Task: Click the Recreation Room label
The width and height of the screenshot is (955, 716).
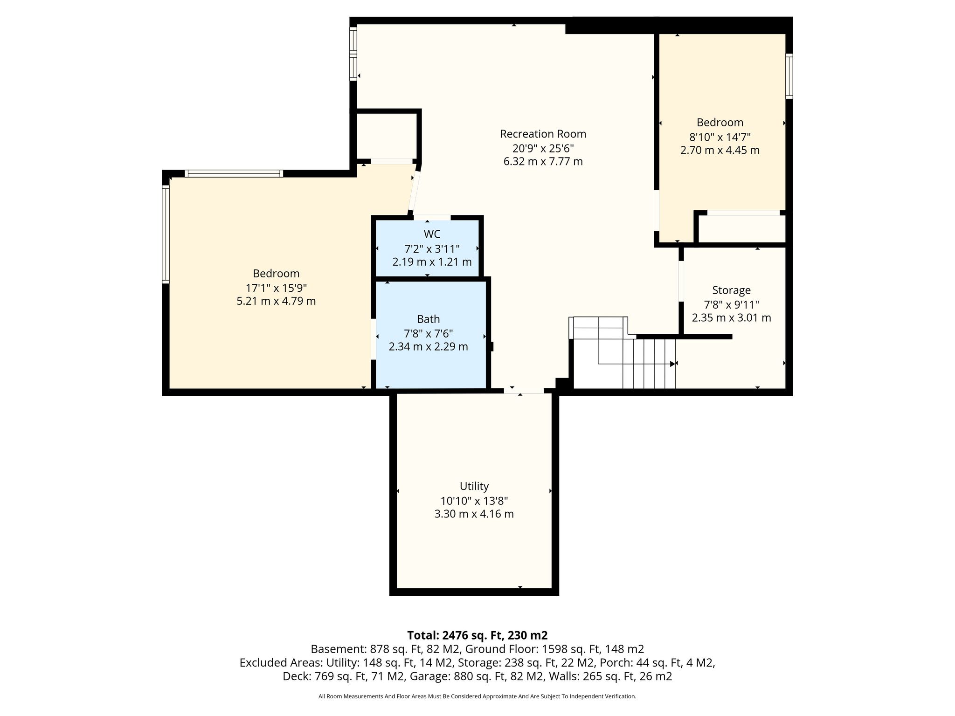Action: (x=543, y=134)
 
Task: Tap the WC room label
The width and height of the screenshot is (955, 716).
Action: (x=432, y=234)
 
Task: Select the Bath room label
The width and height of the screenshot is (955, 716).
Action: (x=428, y=319)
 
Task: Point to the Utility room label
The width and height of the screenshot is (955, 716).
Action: (x=474, y=486)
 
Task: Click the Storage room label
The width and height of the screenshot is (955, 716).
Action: (x=731, y=290)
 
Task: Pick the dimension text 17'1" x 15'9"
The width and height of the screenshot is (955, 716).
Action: (x=276, y=288)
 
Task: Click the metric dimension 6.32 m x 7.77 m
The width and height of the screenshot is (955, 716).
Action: (x=543, y=162)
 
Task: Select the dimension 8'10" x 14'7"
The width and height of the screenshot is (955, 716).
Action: (x=720, y=137)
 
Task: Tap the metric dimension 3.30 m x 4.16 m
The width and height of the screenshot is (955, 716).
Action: (x=474, y=514)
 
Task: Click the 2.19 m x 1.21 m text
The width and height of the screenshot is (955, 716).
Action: (x=432, y=262)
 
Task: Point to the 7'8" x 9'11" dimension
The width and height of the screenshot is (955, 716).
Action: (x=731, y=305)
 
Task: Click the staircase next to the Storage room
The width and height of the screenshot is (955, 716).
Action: (x=622, y=352)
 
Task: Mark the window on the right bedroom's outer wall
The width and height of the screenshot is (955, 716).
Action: (x=789, y=76)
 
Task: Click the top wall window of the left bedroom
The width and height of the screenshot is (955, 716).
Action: (x=234, y=174)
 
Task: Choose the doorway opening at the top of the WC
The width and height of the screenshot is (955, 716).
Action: (x=432, y=217)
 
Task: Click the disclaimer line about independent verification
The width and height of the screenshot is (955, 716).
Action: (x=477, y=696)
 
